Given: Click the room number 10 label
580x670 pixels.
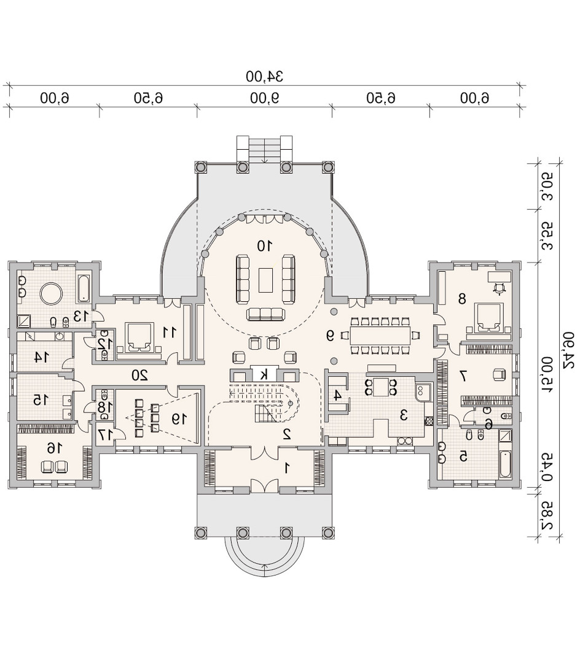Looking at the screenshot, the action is pos(265,245).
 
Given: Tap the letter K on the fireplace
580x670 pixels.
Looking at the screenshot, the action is pos(265,375).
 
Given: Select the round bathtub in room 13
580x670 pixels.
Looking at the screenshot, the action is pos(52,293).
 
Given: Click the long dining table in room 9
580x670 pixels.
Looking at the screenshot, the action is pos(380,336).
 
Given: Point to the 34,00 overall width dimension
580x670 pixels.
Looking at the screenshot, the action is pos(264,76).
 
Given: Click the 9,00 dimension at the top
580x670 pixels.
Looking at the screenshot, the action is pos(265,98).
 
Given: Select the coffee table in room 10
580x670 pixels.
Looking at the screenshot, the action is pos(265,280).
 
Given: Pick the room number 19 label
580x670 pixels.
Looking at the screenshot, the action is pos(179,419).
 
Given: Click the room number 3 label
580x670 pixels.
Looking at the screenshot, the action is pos(403,415).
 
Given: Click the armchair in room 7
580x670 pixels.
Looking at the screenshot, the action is pos(499,375).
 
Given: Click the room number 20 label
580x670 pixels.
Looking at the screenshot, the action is pos(139,375).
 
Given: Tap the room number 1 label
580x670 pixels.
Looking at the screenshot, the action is pos(287,468).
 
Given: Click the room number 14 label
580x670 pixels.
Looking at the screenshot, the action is pos(42,357).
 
